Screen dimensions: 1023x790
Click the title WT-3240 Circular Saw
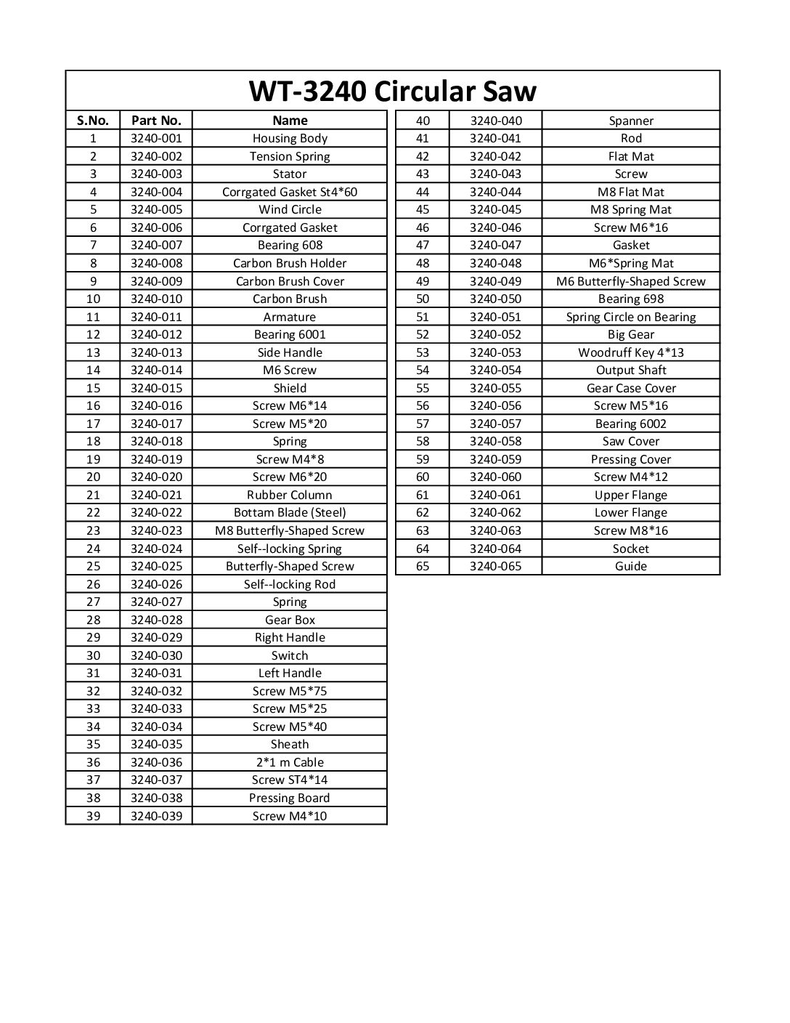tap(392, 91)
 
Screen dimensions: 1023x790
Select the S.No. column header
tap(92, 121)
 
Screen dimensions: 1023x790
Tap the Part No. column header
tap(156, 121)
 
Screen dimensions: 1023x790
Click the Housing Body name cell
tap(290, 138)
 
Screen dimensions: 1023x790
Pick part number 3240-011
tap(156, 317)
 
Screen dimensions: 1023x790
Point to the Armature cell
tap(290, 317)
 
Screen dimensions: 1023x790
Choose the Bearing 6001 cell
tap(290, 334)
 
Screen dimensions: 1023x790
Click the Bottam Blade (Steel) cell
tap(290, 513)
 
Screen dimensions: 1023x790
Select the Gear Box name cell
tap(290, 620)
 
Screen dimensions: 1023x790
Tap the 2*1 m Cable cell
tap(290, 762)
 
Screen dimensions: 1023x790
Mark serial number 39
tap(93, 816)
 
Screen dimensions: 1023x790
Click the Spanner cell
tap(631, 121)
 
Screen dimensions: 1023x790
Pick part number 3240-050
tap(495, 299)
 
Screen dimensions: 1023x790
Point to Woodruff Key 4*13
tap(631, 352)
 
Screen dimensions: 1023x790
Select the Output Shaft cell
tap(631, 370)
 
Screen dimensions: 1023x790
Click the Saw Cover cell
tap(631, 441)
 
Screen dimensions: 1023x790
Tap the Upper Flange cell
tap(631, 495)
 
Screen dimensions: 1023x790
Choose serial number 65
tap(423, 566)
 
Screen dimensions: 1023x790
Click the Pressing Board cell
tap(290, 798)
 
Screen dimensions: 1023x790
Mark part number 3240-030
tap(156, 655)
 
